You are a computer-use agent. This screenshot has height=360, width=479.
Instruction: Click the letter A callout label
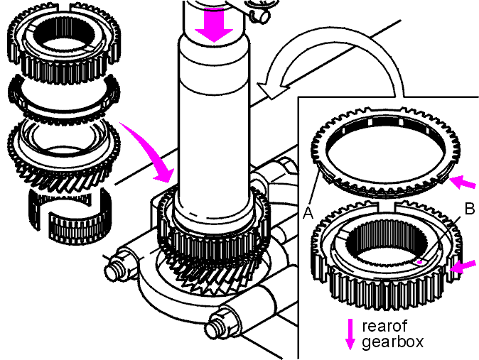[308, 213]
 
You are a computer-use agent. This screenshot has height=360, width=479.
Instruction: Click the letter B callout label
[470, 209]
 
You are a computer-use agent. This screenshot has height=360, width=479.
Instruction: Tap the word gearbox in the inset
[393, 342]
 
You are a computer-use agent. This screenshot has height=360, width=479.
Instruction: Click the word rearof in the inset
[384, 326]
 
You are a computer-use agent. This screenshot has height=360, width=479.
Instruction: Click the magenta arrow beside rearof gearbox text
[350, 334]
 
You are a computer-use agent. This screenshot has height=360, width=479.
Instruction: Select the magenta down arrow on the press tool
[214, 24]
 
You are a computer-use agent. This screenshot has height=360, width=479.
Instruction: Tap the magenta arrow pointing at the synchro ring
[463, 182]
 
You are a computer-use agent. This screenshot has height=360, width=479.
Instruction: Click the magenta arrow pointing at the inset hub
[463, 267]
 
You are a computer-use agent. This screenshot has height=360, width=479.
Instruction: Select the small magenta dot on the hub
[420, 262]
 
